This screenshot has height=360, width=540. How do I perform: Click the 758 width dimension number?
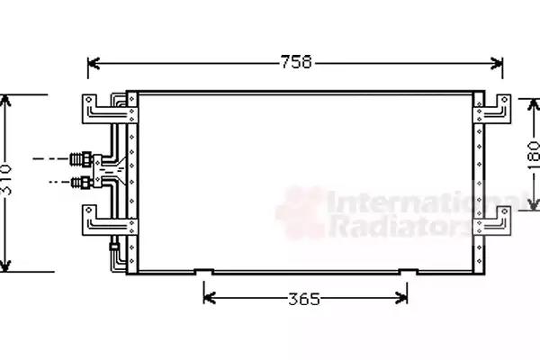point(295,62)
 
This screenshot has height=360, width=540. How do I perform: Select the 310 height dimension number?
point(7,183)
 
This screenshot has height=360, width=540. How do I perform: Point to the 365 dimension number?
point(305,300)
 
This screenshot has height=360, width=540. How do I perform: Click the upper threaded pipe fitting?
point(82,159)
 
